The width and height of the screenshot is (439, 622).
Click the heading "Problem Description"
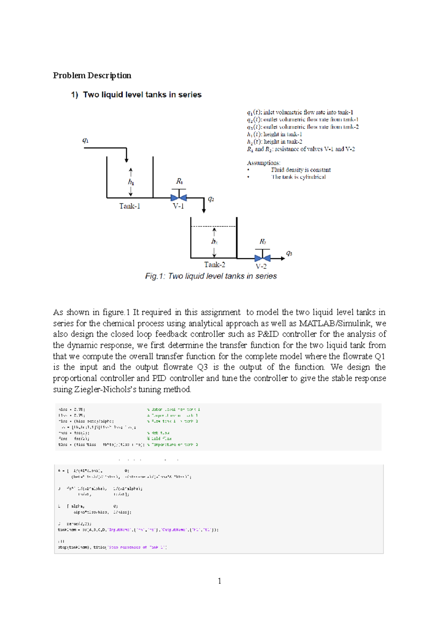(x=92, y=75)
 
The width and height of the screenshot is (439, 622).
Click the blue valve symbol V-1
(x=179, y=197)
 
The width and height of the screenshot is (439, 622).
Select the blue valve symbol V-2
(x=262, y=258)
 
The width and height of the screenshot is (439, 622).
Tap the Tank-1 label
(x=130, y=206)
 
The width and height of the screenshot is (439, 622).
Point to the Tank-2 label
(x=214, y=264)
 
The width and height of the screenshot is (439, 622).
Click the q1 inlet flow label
(x=85, y=140)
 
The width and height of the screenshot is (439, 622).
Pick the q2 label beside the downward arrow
(x=211, y=199)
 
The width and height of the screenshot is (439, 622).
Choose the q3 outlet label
(x=289, y=253)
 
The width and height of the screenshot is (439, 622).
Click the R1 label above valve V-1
(x=179, y=181)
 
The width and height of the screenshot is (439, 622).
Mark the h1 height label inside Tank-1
(x=131, y=182)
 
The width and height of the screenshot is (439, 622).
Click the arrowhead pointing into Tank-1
(x=127, y=160)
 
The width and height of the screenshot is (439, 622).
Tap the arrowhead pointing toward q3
(x=282, y=258)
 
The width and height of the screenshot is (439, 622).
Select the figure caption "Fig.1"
(x=211, y=276)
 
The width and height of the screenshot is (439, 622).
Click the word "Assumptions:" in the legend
(x=263, y=163)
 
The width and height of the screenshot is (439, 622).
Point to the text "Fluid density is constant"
(x=301, y=170)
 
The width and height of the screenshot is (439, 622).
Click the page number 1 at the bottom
(x=219, y=581)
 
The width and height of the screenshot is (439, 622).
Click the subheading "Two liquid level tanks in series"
(x=142, y=95)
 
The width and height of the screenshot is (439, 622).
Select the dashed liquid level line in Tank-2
(x=214, y=226)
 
